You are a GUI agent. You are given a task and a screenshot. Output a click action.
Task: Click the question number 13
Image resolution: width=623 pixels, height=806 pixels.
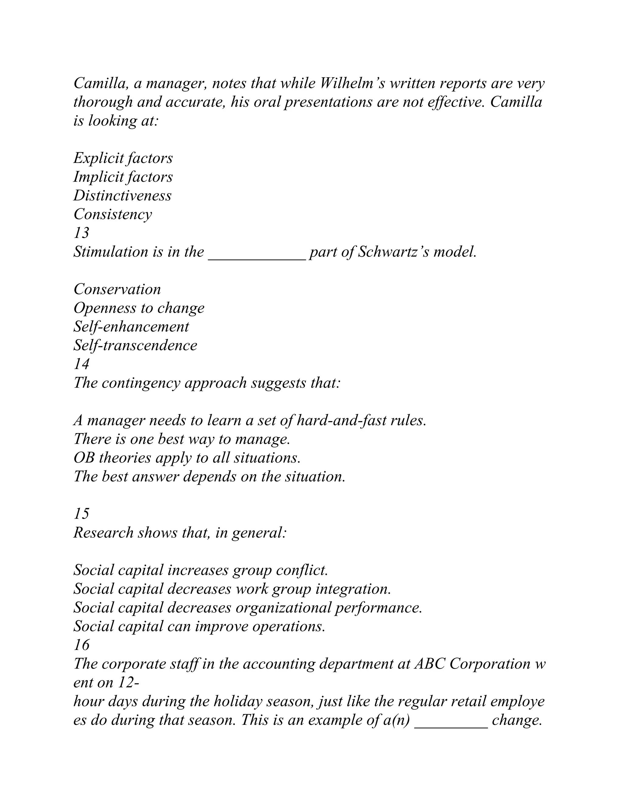(81, 233)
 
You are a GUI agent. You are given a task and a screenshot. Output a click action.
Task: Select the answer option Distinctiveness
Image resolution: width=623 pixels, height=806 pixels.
(123, 196)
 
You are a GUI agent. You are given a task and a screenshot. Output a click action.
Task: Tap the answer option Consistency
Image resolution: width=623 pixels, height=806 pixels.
(113, 214)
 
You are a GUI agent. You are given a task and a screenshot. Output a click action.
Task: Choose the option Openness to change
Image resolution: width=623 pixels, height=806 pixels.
(139, 308)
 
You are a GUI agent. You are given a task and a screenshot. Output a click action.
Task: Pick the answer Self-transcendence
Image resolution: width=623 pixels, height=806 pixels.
(135, 346)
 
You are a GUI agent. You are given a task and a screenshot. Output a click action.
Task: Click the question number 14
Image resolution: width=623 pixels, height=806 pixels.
(81, 364)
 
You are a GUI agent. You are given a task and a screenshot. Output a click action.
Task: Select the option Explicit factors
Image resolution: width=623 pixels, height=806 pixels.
(123, 158)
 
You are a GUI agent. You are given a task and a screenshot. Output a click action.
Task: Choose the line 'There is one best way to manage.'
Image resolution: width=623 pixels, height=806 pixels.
(182, 439)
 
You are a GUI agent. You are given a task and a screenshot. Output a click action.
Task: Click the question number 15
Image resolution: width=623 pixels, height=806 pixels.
(81, 514)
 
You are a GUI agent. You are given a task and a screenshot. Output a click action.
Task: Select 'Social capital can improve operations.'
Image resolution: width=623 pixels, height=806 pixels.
(199, 626)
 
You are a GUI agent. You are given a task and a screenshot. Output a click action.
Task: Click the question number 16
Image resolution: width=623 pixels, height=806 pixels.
(81, 645)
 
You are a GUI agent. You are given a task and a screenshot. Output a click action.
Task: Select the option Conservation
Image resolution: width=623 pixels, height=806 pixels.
(117, 289)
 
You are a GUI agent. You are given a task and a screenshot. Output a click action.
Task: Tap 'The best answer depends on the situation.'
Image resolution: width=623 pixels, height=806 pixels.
(209, 476)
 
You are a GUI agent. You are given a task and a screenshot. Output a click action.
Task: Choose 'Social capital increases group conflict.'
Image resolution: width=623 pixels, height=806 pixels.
(200, 570)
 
